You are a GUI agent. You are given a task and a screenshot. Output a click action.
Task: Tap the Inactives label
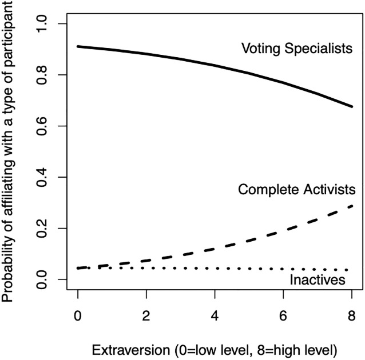pyautogui.click(x=317, y=280)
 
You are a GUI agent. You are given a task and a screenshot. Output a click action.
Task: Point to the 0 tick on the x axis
pyautogui.click(x=78, y=315)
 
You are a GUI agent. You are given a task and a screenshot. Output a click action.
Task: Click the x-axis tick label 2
pyautogui.click(x=146, y=315)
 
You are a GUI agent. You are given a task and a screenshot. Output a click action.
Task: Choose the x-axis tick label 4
pyautogui.click(x=215, y=315)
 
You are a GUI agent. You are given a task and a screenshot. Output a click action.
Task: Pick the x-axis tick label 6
pyautogui.click(x=283, y=315)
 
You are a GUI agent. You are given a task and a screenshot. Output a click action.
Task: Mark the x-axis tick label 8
pyautogui.click(x=351, y=315)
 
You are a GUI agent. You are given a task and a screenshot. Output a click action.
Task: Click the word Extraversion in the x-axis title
pyautogui.click(x=128, y=348)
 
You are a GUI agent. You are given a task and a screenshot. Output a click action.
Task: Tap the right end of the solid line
pyautogui.click(x=351, y=106)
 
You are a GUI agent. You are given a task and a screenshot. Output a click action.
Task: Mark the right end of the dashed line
pyautogui.click(x=351, y=206)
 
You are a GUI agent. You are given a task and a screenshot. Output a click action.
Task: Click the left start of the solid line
pyautogui.click(x=78, y=46)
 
